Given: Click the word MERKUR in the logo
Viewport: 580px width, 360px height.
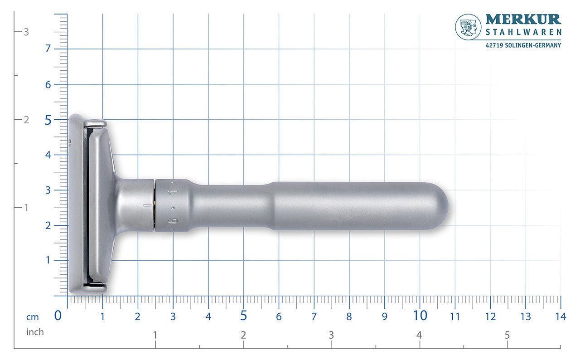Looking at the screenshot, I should tap(523, 19).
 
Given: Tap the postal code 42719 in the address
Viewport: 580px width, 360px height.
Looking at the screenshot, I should tap(494, 45).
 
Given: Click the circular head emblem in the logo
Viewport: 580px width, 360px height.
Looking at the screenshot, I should tap(468, 27).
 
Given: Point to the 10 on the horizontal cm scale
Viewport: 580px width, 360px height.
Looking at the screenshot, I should tap(420, 316).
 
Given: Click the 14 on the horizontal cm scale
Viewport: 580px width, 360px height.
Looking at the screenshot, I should tap(560, 316).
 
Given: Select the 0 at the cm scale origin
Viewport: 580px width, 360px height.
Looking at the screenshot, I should tap(58, 316).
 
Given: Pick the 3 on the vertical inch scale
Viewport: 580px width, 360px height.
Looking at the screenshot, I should tap(26, 32).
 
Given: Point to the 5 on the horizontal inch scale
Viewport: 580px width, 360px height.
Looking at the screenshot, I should tap(507, 335).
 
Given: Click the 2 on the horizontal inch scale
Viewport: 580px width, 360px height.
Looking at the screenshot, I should tap(243, 335).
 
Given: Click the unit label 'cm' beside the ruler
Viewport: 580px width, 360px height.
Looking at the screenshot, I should tap(33, 317).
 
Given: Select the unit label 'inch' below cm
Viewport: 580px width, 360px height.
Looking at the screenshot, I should tap(35, 332).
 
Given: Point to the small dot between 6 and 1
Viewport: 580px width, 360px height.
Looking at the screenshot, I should tap(173, 208).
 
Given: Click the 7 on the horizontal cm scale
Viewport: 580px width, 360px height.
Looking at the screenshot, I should tap(314, 316).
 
